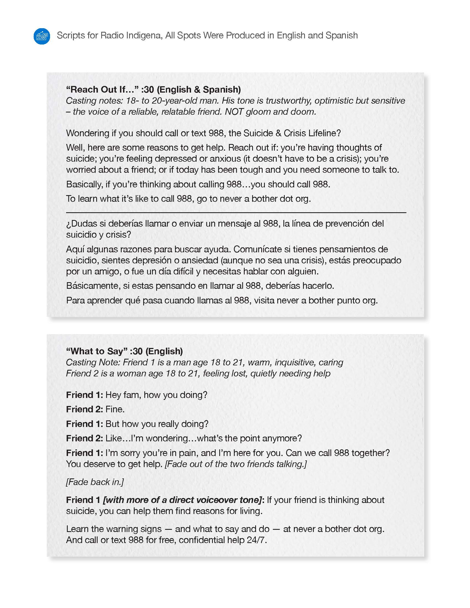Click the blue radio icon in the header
coord(42,36)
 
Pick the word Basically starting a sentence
coord(84,184)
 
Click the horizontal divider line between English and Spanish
coord(236,213)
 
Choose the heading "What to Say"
coord(96,351)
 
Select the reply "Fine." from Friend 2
coord(115,410)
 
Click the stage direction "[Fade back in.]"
coord(95,482)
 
